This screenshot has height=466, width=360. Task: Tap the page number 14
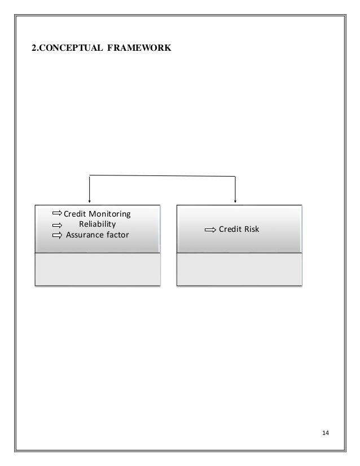(324, 433)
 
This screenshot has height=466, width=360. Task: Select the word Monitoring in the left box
(110, 214)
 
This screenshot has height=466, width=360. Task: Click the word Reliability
(97, 224)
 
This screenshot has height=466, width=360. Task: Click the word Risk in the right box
(249, 229)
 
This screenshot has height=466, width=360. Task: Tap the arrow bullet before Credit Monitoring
(58, 214)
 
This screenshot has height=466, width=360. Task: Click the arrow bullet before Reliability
(58, 225)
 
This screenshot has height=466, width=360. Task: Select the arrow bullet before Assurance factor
(58, 235)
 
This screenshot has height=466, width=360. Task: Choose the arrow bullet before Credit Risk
(210, 230)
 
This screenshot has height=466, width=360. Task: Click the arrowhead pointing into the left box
(89, 199)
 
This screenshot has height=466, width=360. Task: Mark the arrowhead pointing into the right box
(235, 199)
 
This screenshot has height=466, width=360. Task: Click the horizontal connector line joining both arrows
(162, 176)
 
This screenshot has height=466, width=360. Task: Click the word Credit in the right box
(229, 229)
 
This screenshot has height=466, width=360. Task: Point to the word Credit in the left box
(74, 214)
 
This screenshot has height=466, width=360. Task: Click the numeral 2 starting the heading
(32, 49)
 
